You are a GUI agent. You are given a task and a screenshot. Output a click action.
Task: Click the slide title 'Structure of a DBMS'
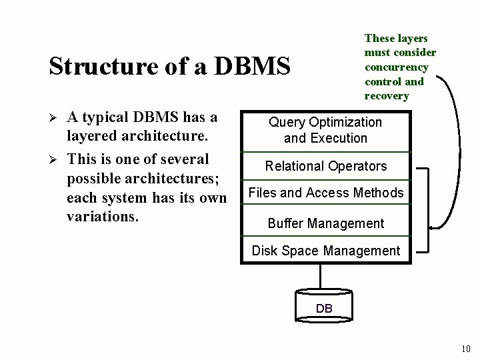tap(170, 66)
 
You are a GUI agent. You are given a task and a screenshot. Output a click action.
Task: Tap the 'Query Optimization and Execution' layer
tap(325, 130)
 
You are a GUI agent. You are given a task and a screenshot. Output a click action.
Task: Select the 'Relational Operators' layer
tap(325, 166)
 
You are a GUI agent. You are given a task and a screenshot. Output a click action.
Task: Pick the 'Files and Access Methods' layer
tap(325, 193)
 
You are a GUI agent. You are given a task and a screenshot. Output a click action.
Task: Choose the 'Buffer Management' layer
tap(325, 223)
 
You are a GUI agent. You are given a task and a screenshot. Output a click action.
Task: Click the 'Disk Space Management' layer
tap(325, 251)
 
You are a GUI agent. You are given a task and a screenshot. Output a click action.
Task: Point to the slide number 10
tap(465, 349)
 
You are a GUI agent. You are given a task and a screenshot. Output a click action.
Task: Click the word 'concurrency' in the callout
tap(397, 67)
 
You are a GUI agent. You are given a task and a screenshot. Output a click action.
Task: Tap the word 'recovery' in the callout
tap(387, 96)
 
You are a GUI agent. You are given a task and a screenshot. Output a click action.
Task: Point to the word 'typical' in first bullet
tap(104, 118)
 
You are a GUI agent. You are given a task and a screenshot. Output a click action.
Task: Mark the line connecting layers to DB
tap(321, 277)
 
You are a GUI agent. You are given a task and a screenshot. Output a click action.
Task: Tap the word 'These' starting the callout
tap(379, 38)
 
